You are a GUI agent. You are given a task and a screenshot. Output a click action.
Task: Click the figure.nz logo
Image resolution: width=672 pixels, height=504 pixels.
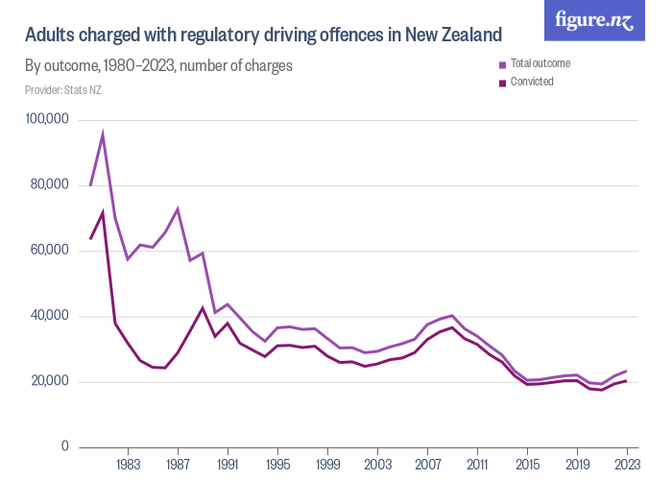coord(594,20)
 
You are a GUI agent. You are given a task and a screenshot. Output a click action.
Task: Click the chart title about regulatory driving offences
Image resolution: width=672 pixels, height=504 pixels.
coord(263,36)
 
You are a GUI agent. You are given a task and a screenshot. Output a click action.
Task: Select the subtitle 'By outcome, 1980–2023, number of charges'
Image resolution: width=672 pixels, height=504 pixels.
coord(158,66)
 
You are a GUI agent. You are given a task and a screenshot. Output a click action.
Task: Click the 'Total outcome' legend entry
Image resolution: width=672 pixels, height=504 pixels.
coord(540,64)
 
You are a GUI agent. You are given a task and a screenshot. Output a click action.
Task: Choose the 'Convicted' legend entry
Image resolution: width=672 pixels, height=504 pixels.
coord(532,82)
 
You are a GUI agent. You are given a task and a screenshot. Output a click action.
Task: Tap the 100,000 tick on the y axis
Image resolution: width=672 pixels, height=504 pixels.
coord(47,120)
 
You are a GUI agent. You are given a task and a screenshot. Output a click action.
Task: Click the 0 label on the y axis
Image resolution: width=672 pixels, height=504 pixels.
coord(65,447)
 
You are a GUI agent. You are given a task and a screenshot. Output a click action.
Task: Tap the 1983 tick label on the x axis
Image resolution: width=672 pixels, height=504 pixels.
coord(128,465)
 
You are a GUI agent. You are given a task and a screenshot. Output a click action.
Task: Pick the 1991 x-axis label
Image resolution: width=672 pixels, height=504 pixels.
coord(228,465)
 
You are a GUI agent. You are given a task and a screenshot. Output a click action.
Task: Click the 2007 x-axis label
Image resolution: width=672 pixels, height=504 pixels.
coord(427,465)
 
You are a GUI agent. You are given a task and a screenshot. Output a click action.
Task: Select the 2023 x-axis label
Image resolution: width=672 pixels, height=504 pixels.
coord(627,465)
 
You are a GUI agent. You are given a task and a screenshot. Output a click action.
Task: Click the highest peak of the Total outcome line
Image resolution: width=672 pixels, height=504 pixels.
coord(103,134)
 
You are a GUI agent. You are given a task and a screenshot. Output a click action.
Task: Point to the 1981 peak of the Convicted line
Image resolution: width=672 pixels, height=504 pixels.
coord(103,212)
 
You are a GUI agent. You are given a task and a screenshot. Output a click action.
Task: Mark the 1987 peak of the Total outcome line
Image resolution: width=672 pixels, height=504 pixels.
coord(178,208)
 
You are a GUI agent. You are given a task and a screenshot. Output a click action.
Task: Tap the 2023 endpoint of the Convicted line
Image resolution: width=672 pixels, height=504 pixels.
coord(627,381)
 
